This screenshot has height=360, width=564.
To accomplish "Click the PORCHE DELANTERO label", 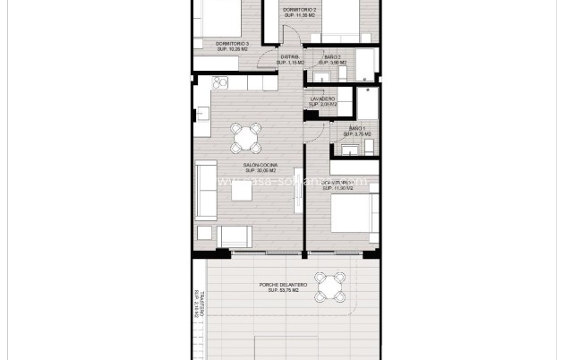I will point(283,286).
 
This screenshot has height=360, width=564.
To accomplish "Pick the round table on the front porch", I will point(329,287).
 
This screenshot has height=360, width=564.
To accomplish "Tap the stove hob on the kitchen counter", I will point(220,82).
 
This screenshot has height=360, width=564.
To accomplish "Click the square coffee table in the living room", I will point(240,190).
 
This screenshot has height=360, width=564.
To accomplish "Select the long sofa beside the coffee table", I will point(205,189).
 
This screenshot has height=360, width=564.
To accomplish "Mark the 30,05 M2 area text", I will point(259,171).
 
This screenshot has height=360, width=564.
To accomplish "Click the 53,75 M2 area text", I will point(283,291).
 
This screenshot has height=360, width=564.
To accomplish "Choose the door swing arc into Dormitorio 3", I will point(267,60).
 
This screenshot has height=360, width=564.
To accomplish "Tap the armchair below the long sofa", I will point(235,236).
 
